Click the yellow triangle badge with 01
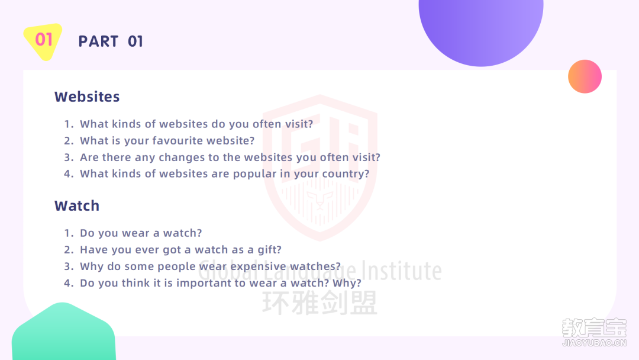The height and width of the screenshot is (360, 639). (43, 41)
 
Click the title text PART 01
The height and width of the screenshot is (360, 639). (111, 41)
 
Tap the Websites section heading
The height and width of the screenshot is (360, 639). (87, 97)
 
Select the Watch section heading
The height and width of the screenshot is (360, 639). (77, 206)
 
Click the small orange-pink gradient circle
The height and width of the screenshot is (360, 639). (585, 76)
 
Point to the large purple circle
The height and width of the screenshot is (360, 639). (481, 24)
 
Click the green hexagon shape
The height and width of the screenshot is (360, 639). (63, 332)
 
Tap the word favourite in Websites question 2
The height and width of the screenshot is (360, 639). (177, 141)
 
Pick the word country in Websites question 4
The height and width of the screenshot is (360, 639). (346, 174)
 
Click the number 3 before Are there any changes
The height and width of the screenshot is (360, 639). (69, 157)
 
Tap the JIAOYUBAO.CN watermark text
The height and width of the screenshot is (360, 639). (594, 343)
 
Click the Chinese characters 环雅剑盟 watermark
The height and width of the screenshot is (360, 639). (320, 303)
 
